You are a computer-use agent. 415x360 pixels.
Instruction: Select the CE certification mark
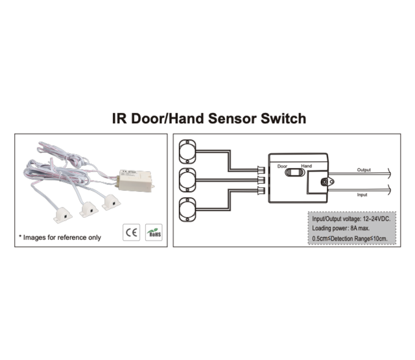pyautogui.click(x=129, y=232)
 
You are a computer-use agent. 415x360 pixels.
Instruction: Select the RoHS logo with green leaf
pyautogui.click(x=154, y=232)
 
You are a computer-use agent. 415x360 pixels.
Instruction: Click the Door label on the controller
pyautogui.click(x=281, y=166)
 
